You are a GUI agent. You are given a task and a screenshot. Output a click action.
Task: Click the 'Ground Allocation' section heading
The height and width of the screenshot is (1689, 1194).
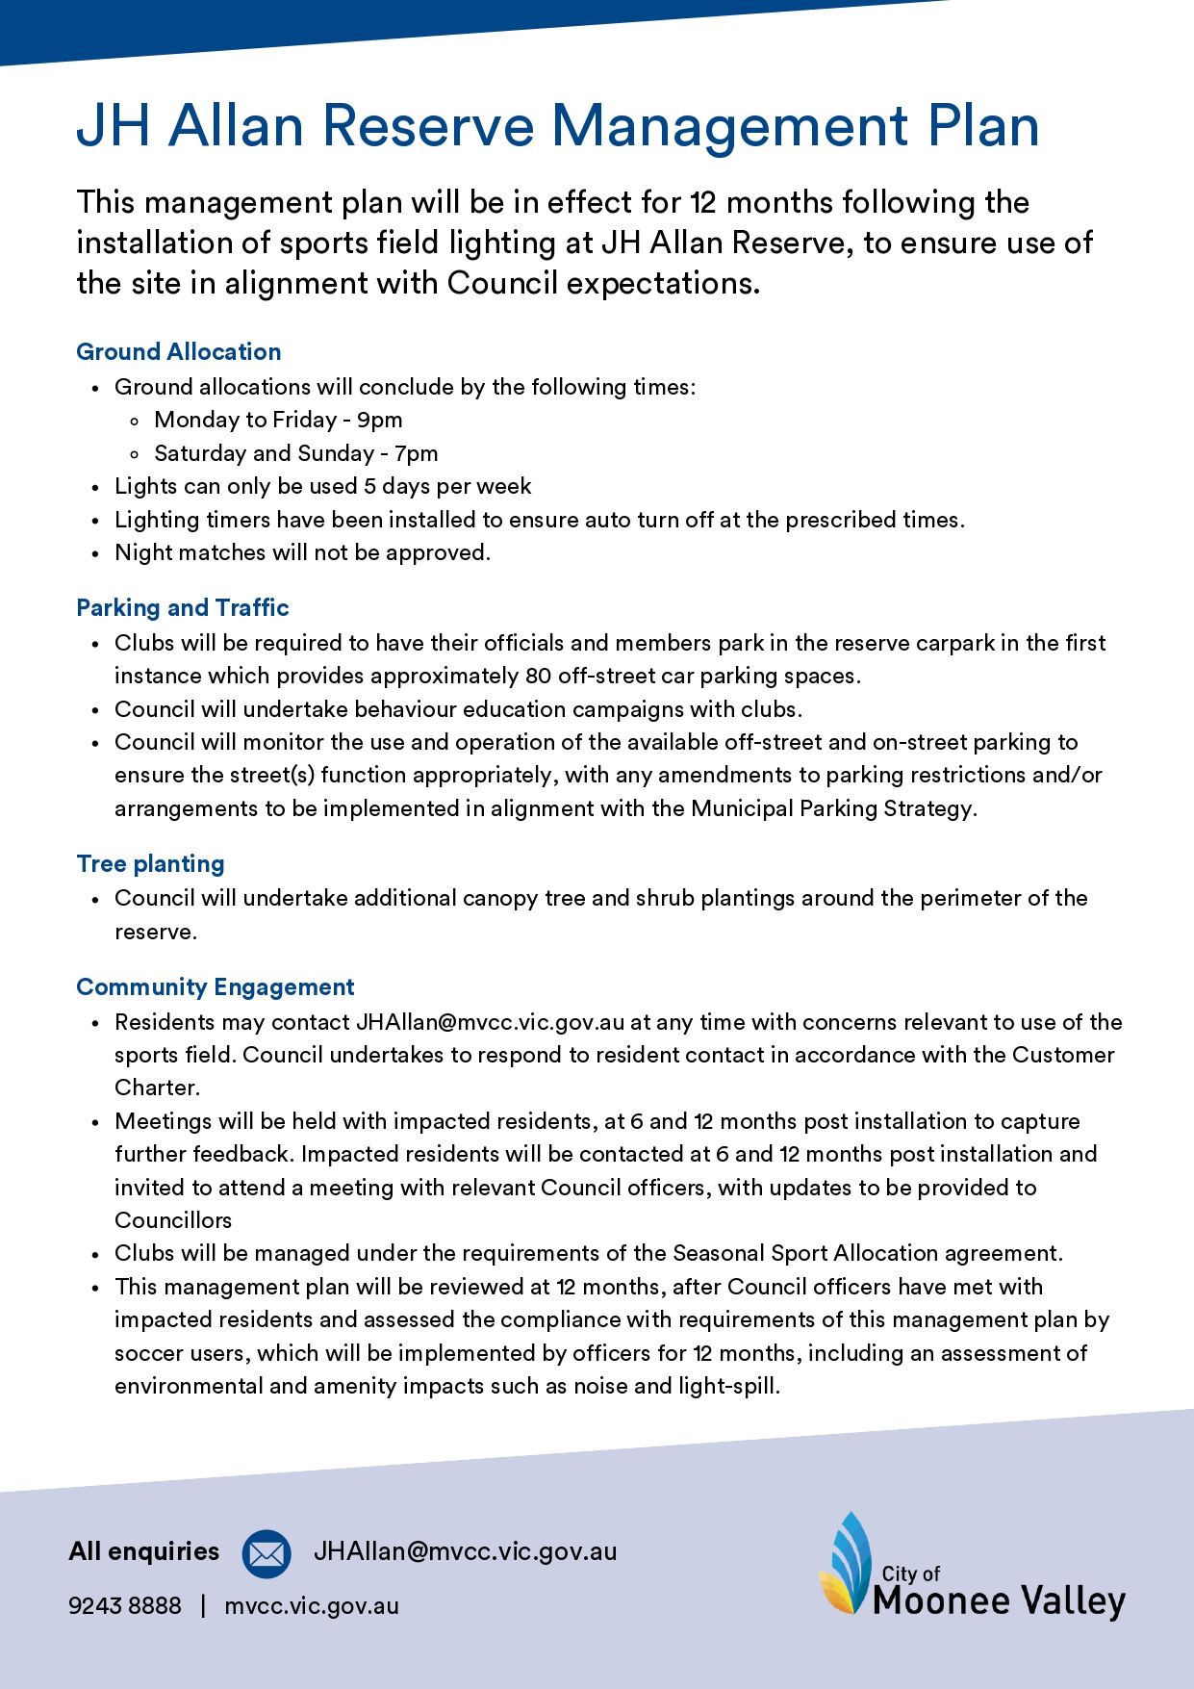pos(179,352)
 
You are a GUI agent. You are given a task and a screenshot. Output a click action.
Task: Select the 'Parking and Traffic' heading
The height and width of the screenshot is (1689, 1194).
pos(183,608)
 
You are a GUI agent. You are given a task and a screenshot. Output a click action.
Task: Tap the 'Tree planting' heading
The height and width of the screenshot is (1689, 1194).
pos(151,864)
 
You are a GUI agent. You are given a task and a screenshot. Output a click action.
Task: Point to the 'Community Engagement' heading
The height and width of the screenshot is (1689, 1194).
pos(216,987)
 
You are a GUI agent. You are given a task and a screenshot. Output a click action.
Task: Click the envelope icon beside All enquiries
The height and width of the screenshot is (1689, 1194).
pos(267,1553)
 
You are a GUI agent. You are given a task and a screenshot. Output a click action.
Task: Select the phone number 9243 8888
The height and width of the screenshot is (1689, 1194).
pos(125,1605)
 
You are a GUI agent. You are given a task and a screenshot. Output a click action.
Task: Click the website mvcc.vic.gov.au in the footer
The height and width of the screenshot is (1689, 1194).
pos(312,1605)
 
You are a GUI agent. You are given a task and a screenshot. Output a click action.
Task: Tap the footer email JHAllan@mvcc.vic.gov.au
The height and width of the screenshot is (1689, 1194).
pos(466,1551)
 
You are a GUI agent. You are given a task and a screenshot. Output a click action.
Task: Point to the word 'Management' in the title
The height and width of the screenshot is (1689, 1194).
pos(729,126)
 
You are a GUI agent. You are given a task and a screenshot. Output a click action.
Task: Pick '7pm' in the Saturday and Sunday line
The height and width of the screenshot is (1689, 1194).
pos(416,453)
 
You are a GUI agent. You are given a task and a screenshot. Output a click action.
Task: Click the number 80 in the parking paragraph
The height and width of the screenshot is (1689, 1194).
pos(538,676)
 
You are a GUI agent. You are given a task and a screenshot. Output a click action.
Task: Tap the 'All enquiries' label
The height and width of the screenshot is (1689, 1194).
pos(144,1551)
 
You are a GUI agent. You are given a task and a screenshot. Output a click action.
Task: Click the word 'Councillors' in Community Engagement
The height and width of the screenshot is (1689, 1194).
pos(173,1220)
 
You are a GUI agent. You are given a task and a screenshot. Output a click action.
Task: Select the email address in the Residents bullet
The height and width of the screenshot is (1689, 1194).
pos(491,1022)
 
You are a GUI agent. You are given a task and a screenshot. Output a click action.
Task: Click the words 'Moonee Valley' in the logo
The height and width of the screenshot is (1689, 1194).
pos(999,1601)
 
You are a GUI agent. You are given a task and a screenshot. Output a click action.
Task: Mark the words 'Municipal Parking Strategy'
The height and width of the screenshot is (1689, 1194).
pos(832,808)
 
